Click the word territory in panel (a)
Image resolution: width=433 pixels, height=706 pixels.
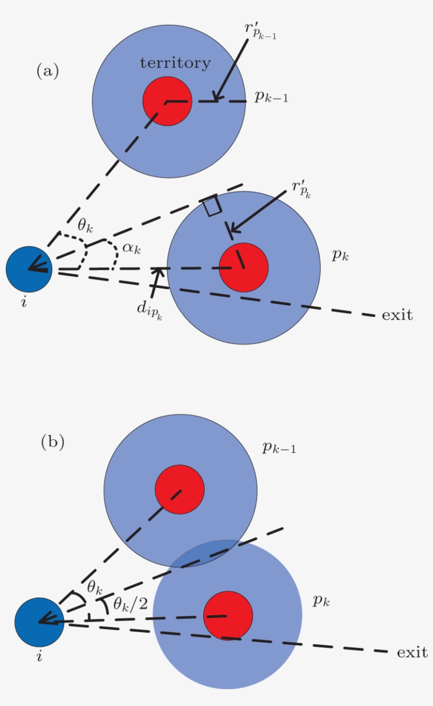tap(175, 63)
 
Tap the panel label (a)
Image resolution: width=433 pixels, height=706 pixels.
tap(48, 71)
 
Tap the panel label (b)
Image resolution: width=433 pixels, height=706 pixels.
tap(53, 442)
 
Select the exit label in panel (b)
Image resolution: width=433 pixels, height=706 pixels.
tap(412, 652)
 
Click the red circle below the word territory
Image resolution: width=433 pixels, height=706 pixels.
tap(167, 101)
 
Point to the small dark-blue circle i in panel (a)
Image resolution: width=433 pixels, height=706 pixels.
tap(29, 269)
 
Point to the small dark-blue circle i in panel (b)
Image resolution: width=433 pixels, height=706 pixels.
tap(39, 622)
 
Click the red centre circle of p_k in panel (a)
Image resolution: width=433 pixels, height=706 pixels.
tap(244, 267)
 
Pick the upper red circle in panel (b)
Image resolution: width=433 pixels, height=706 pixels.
tap(180, 489)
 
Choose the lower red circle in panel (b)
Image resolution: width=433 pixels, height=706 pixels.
tap(228, 616)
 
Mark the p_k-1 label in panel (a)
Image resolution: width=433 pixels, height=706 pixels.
tap(271, 98)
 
